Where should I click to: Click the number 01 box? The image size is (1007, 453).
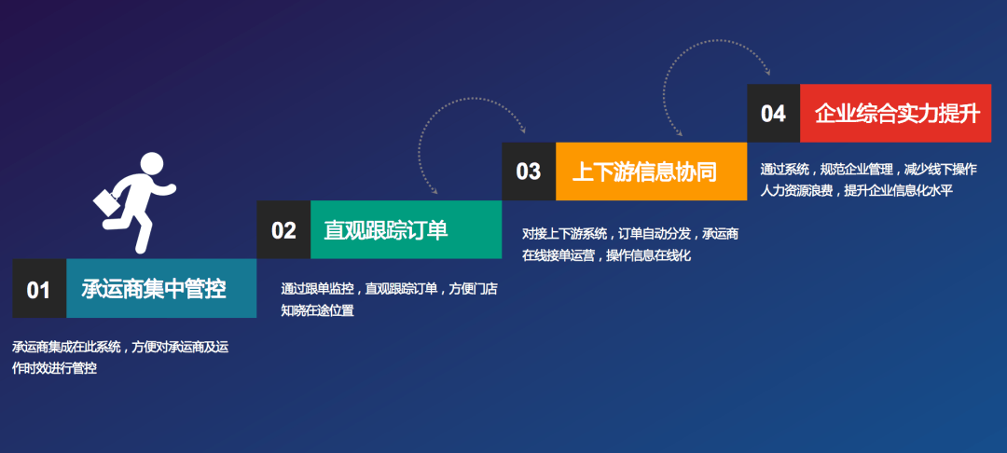[x=39, y=289]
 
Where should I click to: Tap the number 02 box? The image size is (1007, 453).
[x=283, y=229]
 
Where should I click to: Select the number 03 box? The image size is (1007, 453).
[x=529, y=172]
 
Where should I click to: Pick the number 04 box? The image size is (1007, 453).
[x=773, y=113]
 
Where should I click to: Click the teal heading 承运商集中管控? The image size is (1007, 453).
[x=154, y=289]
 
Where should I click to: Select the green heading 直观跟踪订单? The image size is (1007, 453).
[x=385, y=230]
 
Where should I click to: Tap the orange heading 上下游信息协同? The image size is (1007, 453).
[x=644, y=172]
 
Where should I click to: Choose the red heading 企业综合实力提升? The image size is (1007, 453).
[x=897, y=114]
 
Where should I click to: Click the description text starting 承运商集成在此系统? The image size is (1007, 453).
[x=120, y=358]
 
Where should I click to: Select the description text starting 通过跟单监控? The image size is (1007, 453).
[x=389, y=299]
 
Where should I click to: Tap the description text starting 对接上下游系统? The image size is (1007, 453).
[x=630, y=244]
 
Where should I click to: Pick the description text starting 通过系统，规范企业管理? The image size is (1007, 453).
[x=868, y=180]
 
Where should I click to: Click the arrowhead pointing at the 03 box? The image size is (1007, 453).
[x=523, y=130]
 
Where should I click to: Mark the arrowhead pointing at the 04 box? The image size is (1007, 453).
[x=767, y=73]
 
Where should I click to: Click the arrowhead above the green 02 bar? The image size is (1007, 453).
[x=435, y=190]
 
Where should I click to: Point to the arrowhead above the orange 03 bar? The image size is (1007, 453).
[x=680, y=132]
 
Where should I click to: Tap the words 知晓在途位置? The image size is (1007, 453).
[x=317, y=310]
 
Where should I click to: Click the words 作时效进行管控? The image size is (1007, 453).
[x=55, y=369]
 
